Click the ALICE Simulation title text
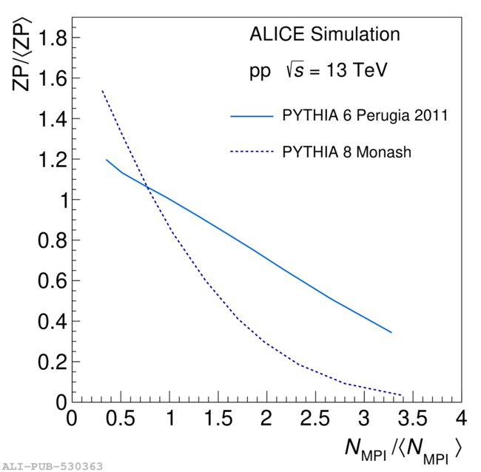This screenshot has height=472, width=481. pos(324,35)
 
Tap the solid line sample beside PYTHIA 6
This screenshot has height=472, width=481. pos(252,116)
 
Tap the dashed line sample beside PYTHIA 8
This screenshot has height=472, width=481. pos(252,152)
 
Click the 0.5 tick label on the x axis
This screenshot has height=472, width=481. pos(121,419)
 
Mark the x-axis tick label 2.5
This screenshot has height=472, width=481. pos(315,419)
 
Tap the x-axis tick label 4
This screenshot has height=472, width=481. pos(462,419)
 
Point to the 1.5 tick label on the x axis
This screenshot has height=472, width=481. pos(218,419)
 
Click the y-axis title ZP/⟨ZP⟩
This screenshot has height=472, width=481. pos(22,56)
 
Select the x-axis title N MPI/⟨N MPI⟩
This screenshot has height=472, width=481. pos(404,448)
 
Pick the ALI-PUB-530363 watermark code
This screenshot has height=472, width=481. pos(52,466)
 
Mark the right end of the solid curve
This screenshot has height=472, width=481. pos(391,332)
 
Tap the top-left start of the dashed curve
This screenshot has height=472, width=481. pos(102,91)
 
